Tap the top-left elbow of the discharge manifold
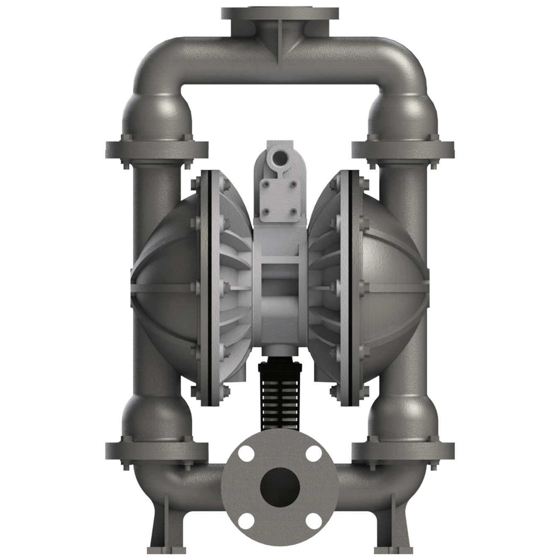(149, 62)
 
